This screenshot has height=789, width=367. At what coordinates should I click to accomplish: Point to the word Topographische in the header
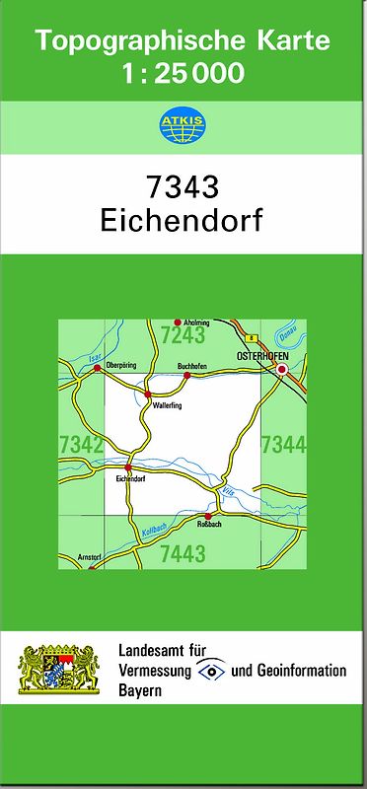coord(138,41)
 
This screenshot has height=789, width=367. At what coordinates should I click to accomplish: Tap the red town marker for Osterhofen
coord(282,370)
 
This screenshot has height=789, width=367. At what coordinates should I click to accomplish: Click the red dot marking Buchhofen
coord(186,375)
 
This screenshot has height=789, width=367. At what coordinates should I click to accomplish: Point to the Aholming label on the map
coord(198,322)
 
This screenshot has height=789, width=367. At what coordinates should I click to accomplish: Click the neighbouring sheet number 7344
coord(283,446)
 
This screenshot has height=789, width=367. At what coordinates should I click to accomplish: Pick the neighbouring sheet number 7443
coord(183,553)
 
